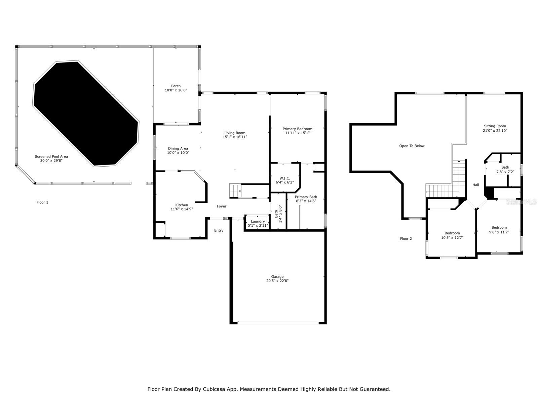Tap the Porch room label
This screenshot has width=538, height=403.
(x=176, y=86)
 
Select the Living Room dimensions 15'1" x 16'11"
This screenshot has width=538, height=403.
(x=235, y=137)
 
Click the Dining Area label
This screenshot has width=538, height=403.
(x=178, y=148)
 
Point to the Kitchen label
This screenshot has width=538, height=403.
(x=182, y=205)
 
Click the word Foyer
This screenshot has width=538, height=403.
(x=221, y=206)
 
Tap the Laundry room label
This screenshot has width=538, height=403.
(x=258, y=221)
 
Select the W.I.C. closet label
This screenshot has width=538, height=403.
(x=285, y=178)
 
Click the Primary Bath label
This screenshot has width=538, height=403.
(x=306, y=197)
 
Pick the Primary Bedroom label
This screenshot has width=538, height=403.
(x=297, y=129)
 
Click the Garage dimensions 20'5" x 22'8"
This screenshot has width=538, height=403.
(x=277, y=281)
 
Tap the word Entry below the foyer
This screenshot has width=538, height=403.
(x=219, y=230)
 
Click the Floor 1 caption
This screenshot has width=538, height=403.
(x=42, y=202)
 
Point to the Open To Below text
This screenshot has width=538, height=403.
(x=412, y=146)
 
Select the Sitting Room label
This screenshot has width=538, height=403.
(x=495, y=126)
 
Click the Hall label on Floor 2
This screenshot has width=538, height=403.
(x=475, y=185)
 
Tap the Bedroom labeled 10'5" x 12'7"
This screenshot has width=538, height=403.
(x=452, y=233)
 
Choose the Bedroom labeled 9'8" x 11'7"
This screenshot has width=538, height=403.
(x=499, y=227)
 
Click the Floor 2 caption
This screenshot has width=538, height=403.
(x=406, y=238)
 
